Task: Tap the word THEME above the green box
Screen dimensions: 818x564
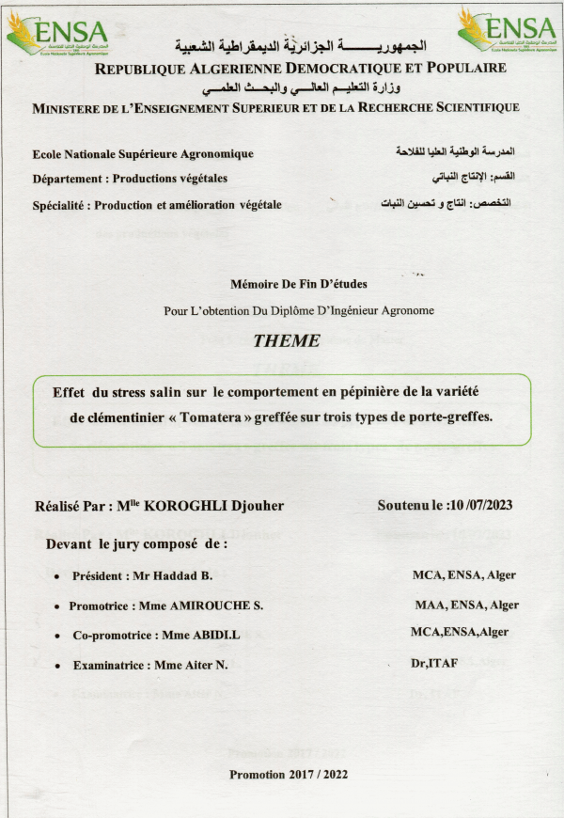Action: pyautogui.click(x=287, y=340)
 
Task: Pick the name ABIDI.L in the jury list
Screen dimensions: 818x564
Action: pyautogui.click(x=219, y=636)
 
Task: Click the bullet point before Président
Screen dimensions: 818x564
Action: pyautogui.click(x=58, y=576)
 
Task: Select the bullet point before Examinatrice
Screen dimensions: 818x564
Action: pyautogui.click(x=58, y=667)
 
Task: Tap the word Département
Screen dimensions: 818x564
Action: pyautogui.click(x=66, y=178)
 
